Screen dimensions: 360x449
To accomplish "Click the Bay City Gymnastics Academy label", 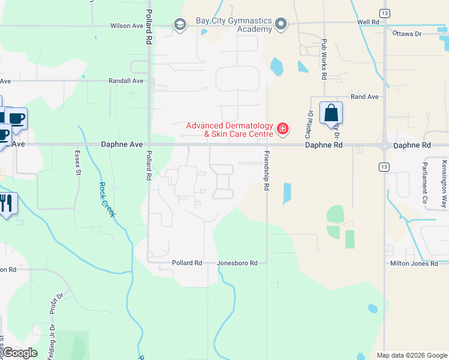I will [x=234, y=25].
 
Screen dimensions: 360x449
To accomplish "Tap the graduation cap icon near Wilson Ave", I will [x=179, y=25].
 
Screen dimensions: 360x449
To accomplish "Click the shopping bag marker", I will [x=331, y=113].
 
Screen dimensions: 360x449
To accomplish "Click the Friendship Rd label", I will [x=265, y=171].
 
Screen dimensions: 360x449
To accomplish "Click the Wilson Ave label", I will [x=127, y=26].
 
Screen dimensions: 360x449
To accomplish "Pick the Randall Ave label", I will [x=126, y=80].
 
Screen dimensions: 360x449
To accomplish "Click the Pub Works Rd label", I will [x=324, y=59].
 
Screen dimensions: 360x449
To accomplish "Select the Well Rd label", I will [x=369, y=22].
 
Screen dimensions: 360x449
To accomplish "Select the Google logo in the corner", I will [x=20, y=353].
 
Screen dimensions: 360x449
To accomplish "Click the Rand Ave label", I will [x=365, y=96].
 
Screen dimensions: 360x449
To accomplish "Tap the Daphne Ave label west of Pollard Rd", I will [x=122, y=145].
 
